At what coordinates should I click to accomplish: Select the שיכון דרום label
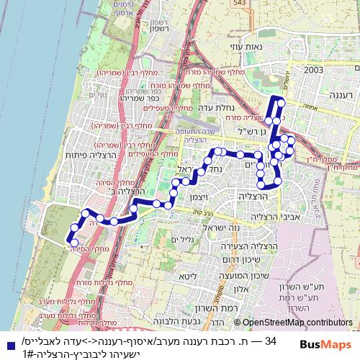(243, 259)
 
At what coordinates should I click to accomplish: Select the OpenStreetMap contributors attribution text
(297, 323)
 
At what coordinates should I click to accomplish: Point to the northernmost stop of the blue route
(280, 103)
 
